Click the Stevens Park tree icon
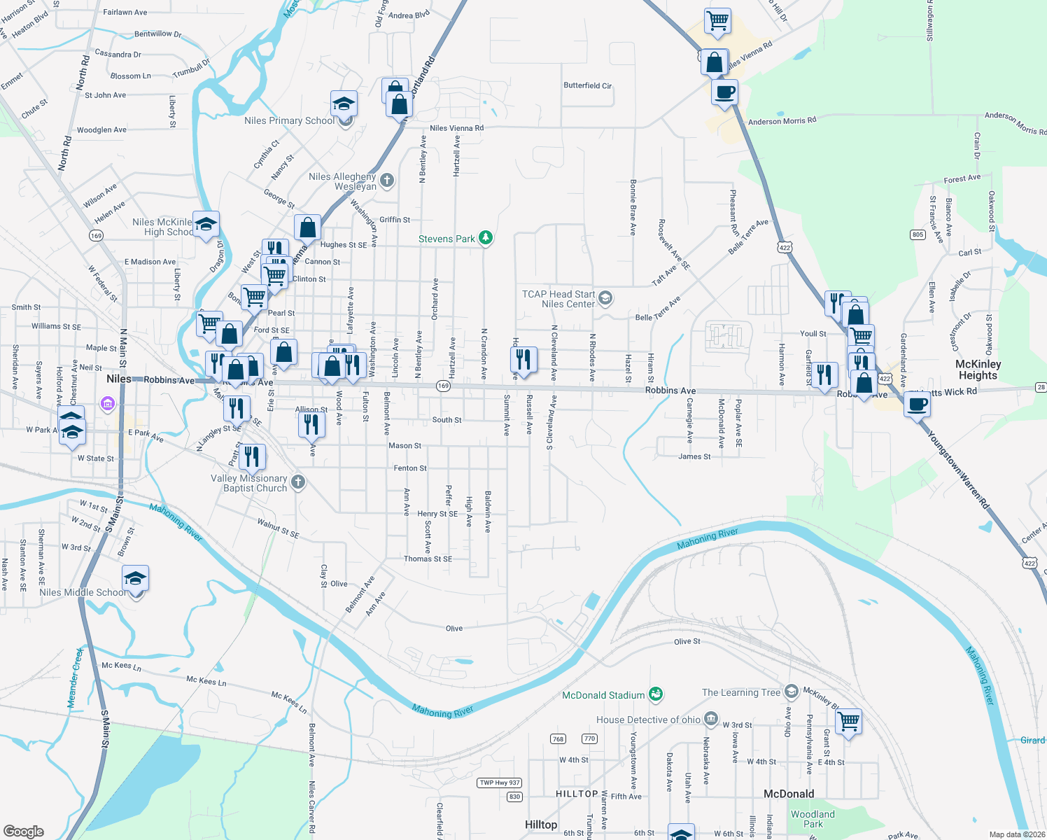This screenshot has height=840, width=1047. (x=485, y=239)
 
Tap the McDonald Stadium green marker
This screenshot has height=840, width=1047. (x=655, y=694)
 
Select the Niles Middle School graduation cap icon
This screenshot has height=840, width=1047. (x=135, y=578)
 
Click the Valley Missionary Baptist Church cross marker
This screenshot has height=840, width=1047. (x=298, y=482)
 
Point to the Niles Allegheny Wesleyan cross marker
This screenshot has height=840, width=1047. (x=386, y=181)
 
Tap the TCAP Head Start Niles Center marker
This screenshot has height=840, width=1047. (x=605, y=299)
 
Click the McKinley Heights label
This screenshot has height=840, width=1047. (x=978, y=370)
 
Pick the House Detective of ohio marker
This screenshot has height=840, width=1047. (x=711, y=719)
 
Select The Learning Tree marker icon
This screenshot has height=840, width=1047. (x=791, y=692)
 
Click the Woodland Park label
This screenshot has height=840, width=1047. (x=813, y=819)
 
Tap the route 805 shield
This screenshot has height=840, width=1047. (x=918, y=234)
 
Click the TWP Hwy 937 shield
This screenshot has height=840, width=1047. (x=500, y=783)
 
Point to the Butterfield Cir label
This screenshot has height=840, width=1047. (x=587, y=85)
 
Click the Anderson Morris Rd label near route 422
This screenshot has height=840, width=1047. (x=782, y=121)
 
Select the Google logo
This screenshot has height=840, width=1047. (x=24, y=832)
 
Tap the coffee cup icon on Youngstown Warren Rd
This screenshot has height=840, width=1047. (x=917, y=404)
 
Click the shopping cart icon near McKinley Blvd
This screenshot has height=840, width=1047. (x=848, y=720)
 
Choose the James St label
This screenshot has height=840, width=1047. (x=694, y=456)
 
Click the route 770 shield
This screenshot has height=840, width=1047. (x=589, y=738)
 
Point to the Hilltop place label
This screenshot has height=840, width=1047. (x=541, y=825)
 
